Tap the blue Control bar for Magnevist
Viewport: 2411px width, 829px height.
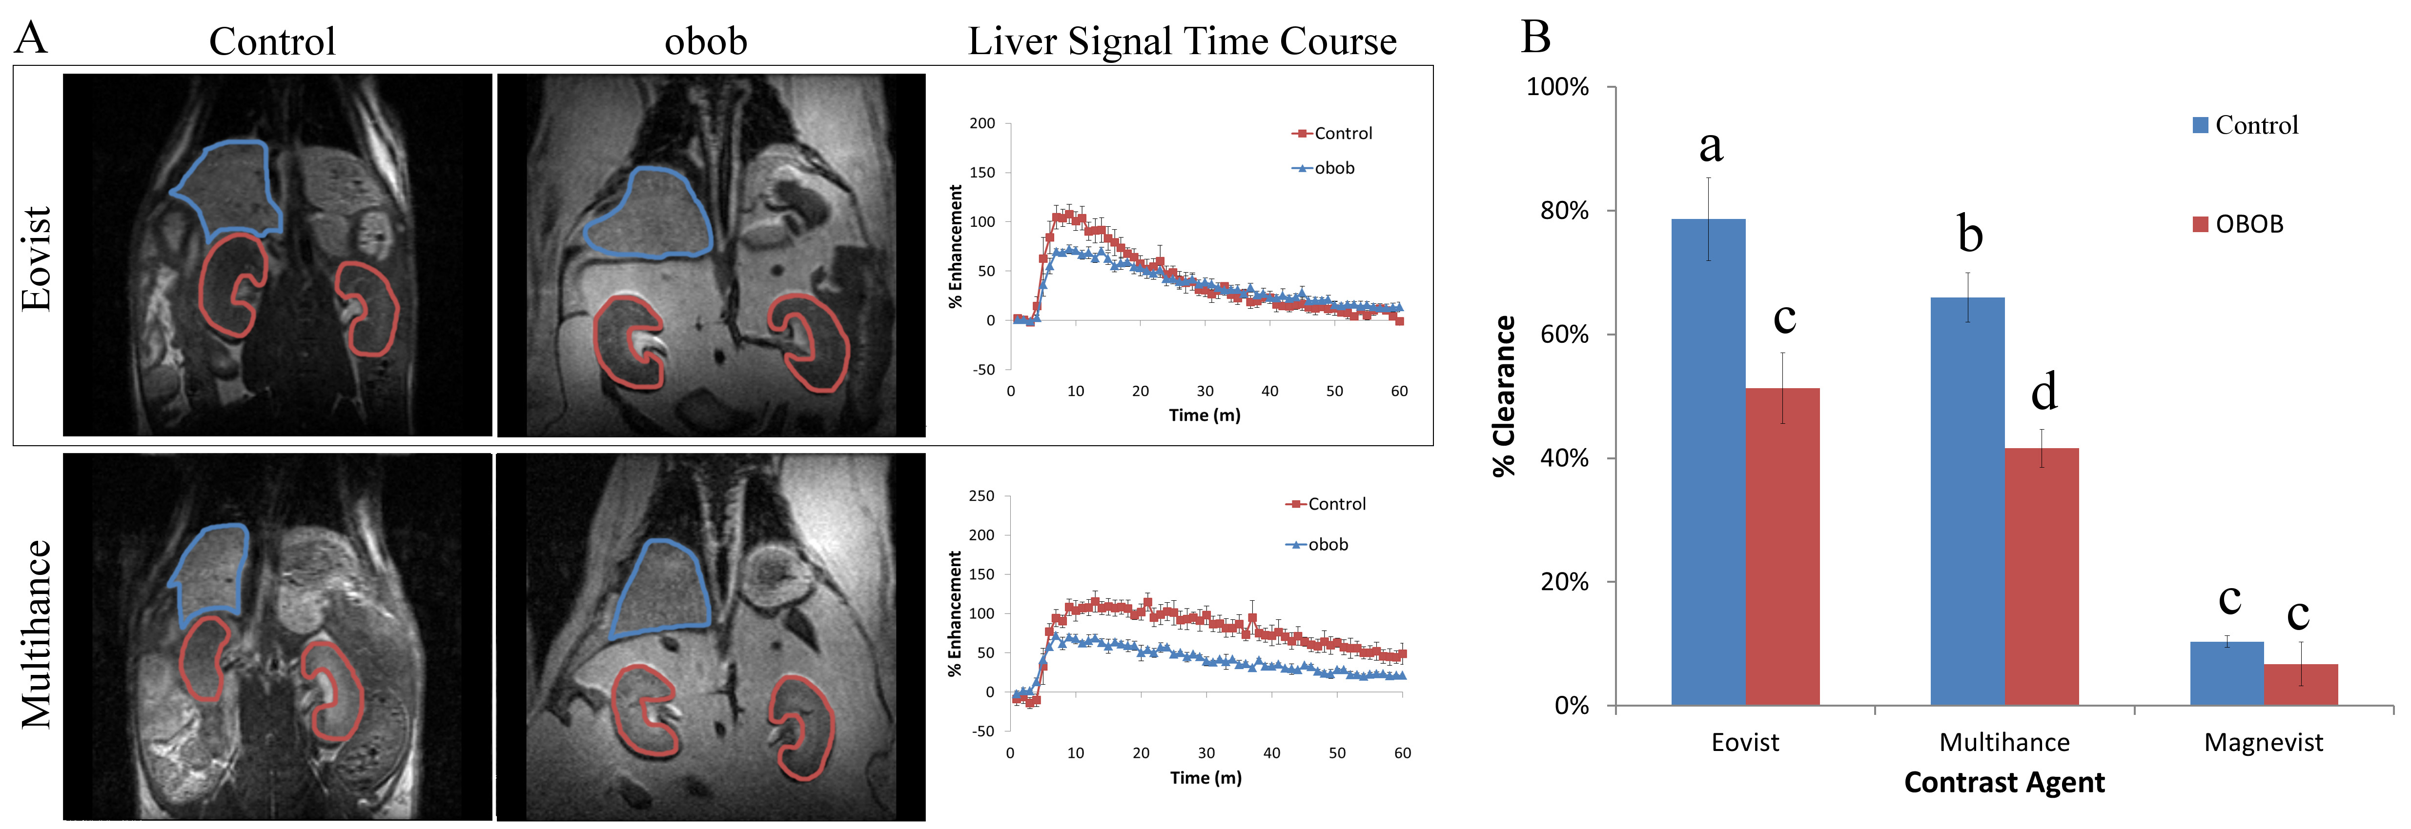(2226, 673)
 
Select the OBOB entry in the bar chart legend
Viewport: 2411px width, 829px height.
(2248, 224)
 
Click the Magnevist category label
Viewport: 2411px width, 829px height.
(2263, 742)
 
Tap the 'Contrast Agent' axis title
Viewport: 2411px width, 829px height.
(2004, 782)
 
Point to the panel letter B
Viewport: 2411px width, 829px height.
(1536, 38)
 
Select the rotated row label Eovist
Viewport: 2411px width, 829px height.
(36, 258)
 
